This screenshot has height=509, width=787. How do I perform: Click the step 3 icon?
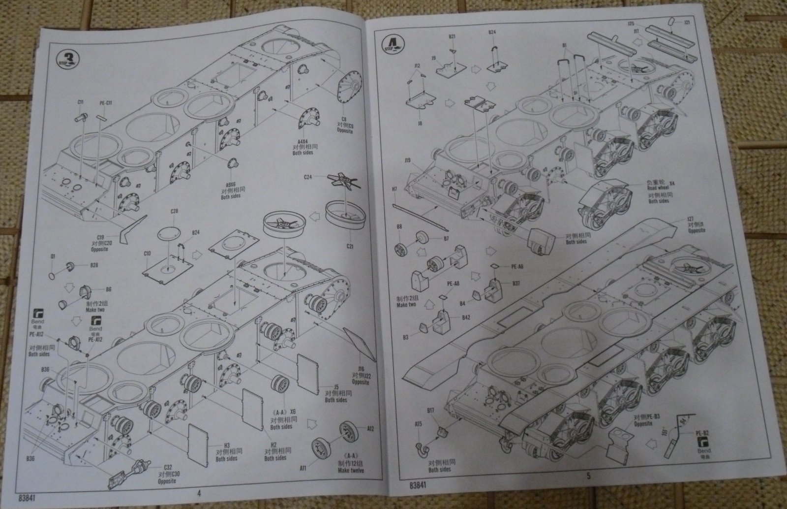(67, 57)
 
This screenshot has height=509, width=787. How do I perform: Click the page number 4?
(199, 492)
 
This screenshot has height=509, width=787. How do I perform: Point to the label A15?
(418, 423)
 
